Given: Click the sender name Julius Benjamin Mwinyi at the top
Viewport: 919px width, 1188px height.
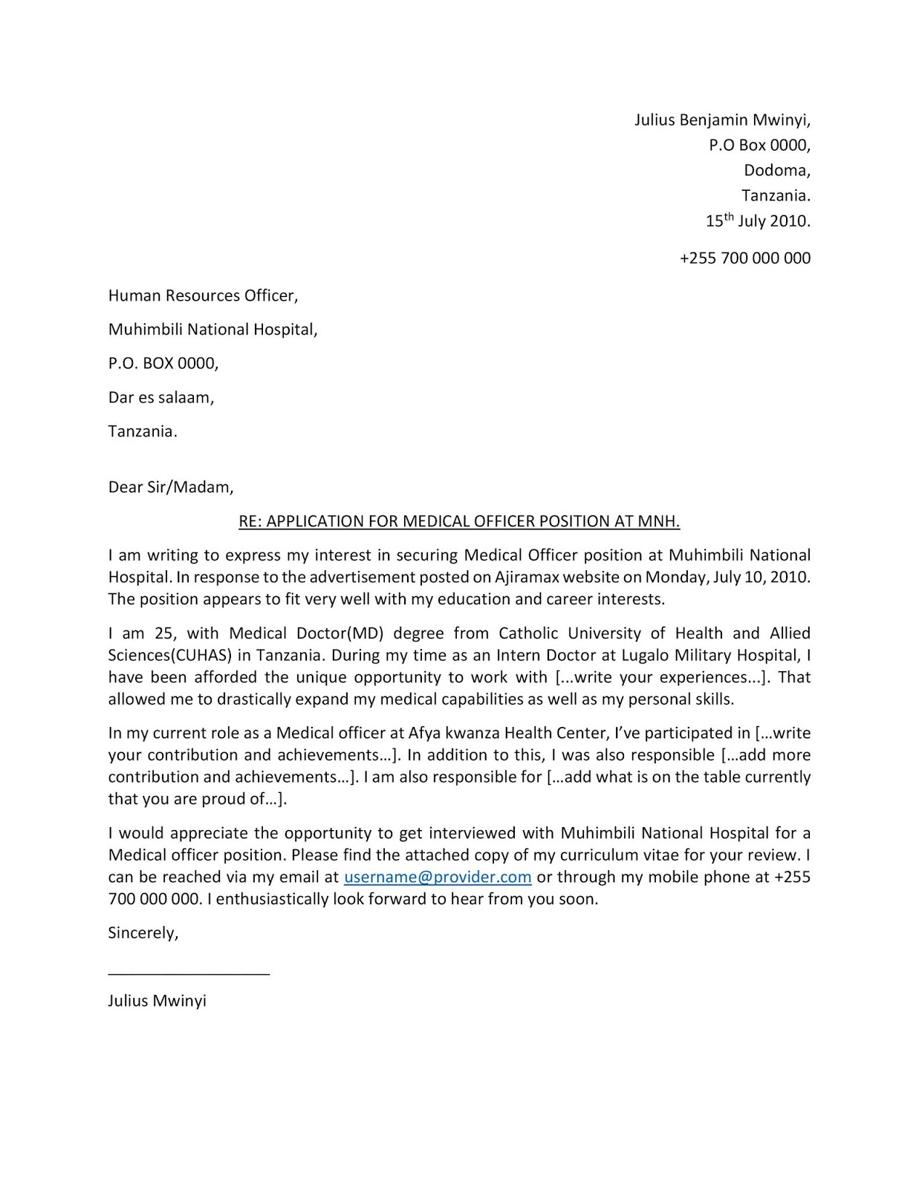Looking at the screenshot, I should [x=722, y=120].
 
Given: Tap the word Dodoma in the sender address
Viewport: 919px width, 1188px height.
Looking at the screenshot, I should [x=776, y=171].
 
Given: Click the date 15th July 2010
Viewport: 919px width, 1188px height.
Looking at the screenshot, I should [x=757, y=221].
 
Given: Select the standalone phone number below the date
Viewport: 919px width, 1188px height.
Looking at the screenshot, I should [x=744, y=258].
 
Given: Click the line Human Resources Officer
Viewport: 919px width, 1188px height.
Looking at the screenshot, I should [x=203, y=296].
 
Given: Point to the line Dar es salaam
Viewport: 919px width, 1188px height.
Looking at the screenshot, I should [x=160, y=397].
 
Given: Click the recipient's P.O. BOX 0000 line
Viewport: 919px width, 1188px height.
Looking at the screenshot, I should [x=163, y=364].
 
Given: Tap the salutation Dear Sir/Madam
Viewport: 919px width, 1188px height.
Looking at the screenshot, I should [x=171, y=488].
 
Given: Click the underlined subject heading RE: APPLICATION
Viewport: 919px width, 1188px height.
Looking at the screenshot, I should [x=459, y=521].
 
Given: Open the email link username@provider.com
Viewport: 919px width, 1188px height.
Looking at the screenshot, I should [x=438, y=877].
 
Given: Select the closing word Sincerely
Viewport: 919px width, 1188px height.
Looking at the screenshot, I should [x=143, y=933].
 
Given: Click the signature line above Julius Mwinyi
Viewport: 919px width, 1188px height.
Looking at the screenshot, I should [x=189, y=973].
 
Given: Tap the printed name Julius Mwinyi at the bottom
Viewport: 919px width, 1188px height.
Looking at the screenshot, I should [x=157, y=1001].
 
